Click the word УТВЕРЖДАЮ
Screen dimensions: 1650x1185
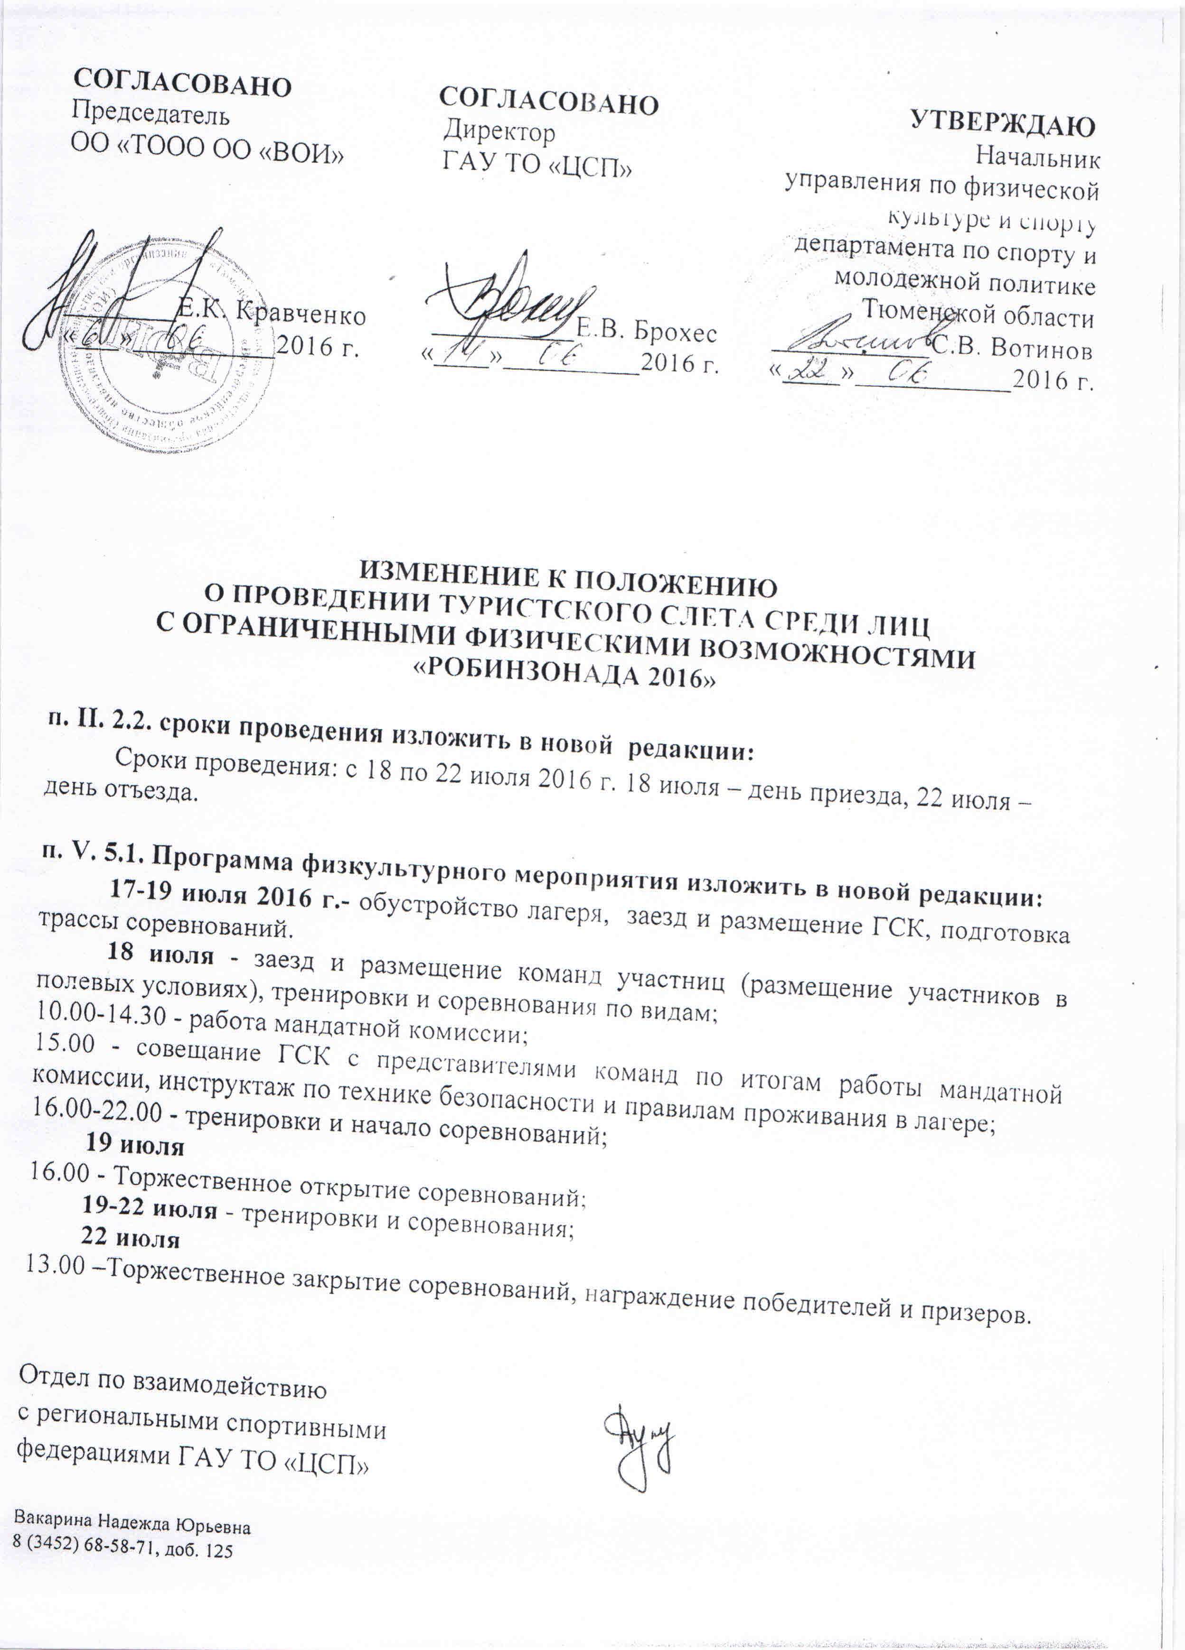(1003, 125)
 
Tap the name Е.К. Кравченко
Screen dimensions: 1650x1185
(272, 314)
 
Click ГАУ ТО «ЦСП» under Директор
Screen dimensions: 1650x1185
(536, 164)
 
